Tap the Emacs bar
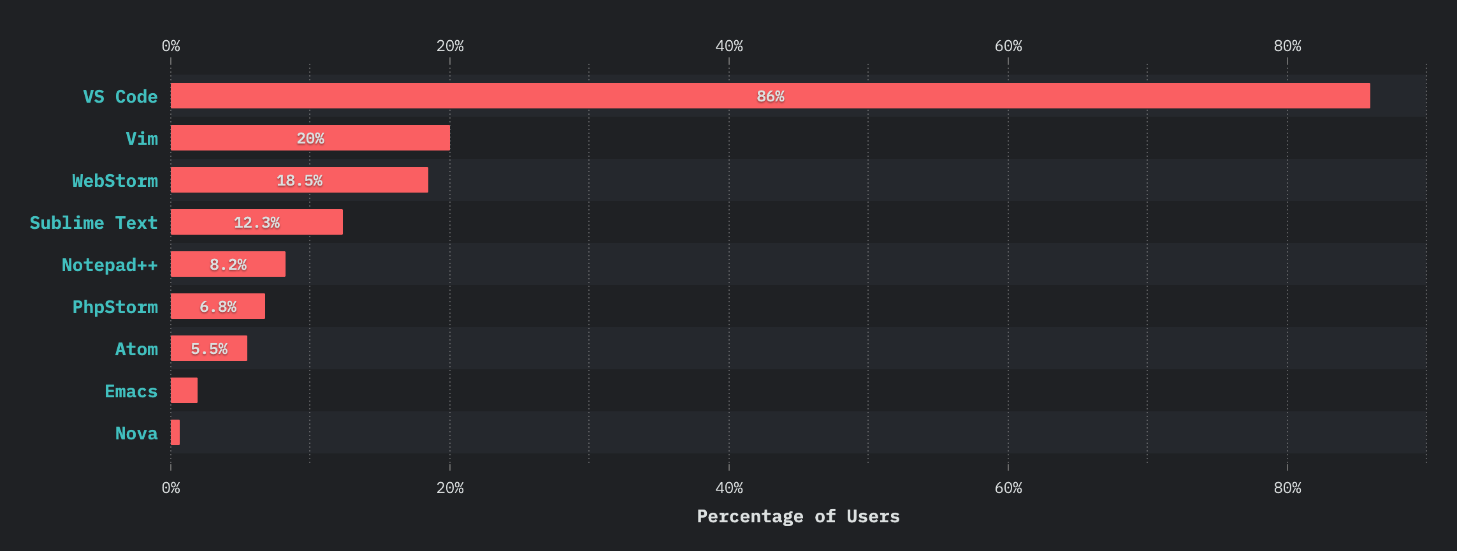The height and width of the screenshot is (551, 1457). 184,390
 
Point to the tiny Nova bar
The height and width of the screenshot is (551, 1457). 175,432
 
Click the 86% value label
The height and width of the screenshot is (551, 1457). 770,96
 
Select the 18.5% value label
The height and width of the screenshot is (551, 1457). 299,180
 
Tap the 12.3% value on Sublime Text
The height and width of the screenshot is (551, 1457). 256,223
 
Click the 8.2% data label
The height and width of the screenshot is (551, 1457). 228,265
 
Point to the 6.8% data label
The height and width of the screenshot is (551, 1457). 218,307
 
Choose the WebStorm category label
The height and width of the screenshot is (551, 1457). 115,180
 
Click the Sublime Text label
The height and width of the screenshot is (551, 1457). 94,223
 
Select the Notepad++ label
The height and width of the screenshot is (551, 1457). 110,265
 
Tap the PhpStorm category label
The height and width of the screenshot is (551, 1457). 115,307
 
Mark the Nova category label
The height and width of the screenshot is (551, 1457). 136,433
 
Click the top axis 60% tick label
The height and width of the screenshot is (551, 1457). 1008,46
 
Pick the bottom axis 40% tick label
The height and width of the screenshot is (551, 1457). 729,488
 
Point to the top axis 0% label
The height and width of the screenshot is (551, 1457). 171,46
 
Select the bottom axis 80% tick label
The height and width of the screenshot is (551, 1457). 1287,488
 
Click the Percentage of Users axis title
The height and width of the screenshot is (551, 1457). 798,516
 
